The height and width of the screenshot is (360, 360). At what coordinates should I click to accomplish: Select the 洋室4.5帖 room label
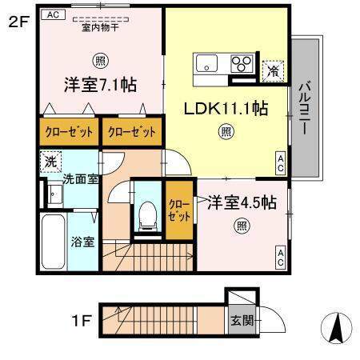tap(242, 203)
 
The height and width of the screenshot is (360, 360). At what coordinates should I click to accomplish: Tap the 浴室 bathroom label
tap(82, 240)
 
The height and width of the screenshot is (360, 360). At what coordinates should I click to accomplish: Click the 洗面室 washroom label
tap(81, 179)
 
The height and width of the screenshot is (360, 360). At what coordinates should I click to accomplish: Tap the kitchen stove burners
tap(241, 62)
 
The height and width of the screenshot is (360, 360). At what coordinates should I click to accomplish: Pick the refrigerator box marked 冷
tap(273, 70)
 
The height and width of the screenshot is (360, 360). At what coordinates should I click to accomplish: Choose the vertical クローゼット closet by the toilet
tap(179, 210)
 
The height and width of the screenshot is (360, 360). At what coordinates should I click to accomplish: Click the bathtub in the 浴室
tap(53, 243)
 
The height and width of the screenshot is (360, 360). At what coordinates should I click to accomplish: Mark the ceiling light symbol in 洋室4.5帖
tap(241, 226)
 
